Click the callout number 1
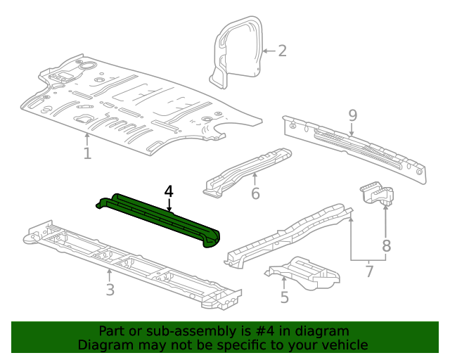[87, 153]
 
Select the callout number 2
[282, 51]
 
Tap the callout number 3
[110, 290]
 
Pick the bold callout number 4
[169, 191]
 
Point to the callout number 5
[284, 297]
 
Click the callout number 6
[255, 193]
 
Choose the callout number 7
[369, 271]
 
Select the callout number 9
[352, 115]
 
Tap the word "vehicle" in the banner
[344, 345]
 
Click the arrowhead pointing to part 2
[264, 51]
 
